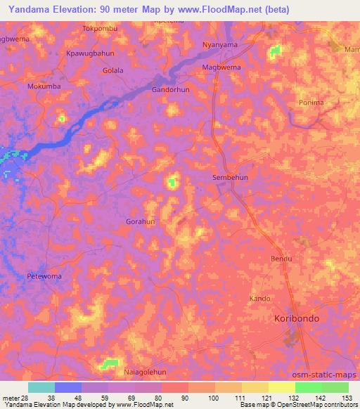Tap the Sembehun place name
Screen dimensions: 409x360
[x=230, y=178]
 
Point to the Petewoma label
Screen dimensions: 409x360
[x=44, y=276]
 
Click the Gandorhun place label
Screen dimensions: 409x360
[x=171, y=91]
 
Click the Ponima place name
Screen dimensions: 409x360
[x=311, y=103]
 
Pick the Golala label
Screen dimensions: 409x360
[x=113, y=70]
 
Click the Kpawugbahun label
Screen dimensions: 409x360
[x=86, y=53]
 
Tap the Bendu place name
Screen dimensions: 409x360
[x=281, y=259]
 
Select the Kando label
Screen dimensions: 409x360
[x=259, y=299]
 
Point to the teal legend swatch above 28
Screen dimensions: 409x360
[x=41, y=387]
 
